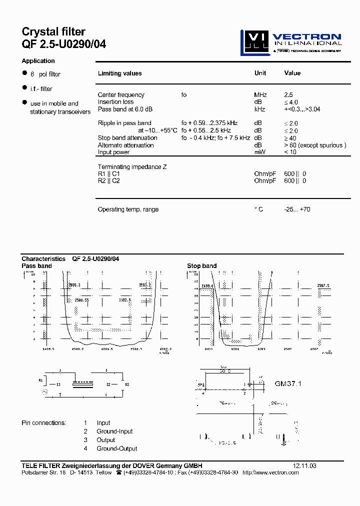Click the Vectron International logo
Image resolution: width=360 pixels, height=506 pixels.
coord(291,41)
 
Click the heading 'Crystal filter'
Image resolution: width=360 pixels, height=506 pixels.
coord(53,32)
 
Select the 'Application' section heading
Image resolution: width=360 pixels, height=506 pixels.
coord(38,61)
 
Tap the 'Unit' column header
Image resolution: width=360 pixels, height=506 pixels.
coord(260,73)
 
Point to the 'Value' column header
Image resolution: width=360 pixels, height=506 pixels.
coord(292,73)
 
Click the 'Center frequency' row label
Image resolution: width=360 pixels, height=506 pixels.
coord(121,95)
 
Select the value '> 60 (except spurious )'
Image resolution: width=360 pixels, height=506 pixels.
coord(315,145)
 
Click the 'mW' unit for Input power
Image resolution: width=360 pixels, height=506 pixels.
coord(259,152)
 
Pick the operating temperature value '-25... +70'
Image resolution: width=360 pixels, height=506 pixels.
coord(297,209)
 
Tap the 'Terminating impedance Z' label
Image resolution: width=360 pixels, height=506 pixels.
coord(132,167)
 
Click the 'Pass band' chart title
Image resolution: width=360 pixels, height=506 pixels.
coord(36,266)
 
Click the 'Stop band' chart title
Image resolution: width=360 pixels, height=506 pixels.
coord(201,266)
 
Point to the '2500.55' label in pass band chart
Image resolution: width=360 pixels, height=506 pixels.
coord(81,300)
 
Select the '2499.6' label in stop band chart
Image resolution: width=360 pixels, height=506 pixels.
coord(207,286)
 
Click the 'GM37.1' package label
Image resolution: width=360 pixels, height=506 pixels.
coord(288,384)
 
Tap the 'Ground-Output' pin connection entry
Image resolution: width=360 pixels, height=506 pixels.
coord(117,448)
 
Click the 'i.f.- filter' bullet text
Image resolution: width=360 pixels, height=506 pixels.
coord(41,89)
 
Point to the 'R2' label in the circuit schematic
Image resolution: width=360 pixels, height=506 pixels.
coord(127,384)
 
